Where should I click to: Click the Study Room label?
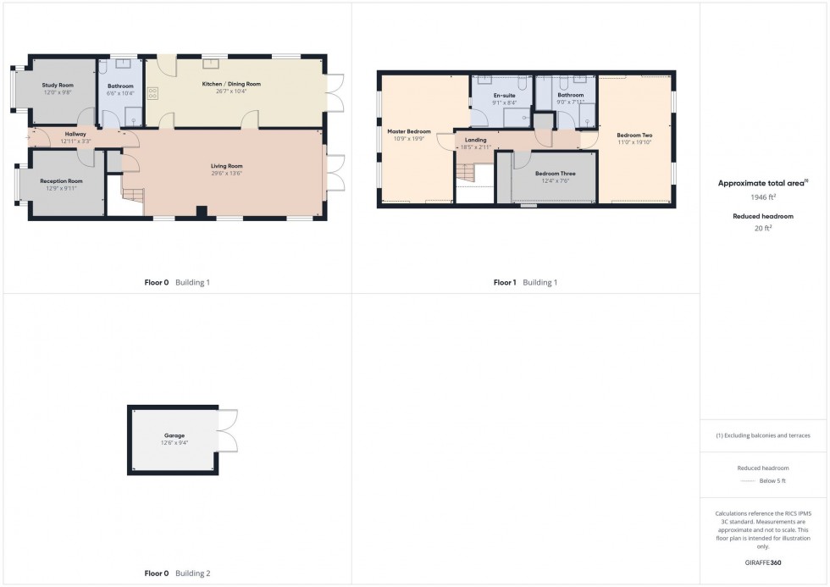[58, 86]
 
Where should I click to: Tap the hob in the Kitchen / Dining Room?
[153, 94]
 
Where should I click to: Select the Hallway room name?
[76, 134]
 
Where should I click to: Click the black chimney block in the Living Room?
[201, 212]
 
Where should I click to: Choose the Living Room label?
[227, 166]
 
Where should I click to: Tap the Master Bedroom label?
[409, 132]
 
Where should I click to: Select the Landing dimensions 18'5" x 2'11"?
[476, 147]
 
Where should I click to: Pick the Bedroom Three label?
[555, 173]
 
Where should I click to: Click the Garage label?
[174, 435]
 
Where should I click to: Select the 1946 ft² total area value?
[764, 197]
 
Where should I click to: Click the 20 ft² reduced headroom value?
[764, 226]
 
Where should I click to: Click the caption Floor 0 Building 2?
[177, 573]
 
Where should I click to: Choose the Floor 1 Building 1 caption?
[525, 282]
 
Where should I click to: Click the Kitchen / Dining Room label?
[230, 85]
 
